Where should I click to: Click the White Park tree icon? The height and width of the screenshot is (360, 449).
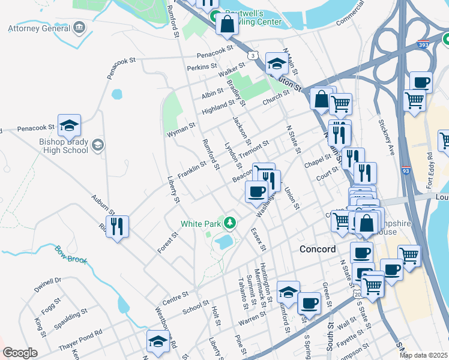click(x=229, y=223)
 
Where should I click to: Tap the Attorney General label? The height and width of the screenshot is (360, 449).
click(x=39, y=28)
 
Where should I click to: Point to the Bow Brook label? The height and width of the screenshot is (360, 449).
click(x=71, y=256)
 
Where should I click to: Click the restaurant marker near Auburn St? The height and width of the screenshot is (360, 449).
click(x=117, y=227)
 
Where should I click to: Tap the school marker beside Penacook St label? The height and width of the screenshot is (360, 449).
click(x=69, y=125)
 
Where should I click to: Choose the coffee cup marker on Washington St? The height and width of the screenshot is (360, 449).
click(x=256, y=192)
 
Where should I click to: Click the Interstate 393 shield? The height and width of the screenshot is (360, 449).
click(x=423, y=44)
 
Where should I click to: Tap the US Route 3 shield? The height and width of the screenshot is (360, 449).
click(x=255, y=56)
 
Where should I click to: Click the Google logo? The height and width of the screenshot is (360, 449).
click(x=20, y=353)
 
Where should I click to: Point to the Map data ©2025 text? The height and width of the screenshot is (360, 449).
click(x=423, y=355)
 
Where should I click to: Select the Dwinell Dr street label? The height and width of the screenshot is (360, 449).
click(x=47, y=284)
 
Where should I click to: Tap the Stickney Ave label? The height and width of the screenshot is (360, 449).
click(x=385, y=139)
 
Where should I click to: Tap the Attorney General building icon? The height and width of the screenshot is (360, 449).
click(x=79, y=28)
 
